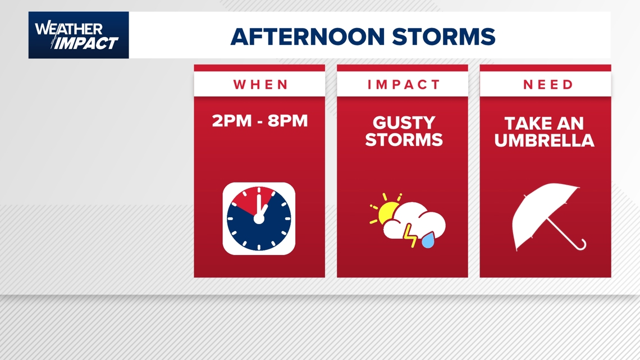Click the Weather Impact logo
click(x=79, y=35)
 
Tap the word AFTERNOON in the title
click(x=308, y=37)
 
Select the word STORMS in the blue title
click(x=444, y=37)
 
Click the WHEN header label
click(x=260, y=84)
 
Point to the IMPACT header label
click(x=403, y=84)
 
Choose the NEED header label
click(x=548, y=84)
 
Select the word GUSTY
click(x=404, y=123)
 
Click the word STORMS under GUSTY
click(x=404, y=140)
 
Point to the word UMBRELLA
click(x=544, y=140)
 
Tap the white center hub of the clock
click(x=259, y=219)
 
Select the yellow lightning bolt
click(x=410, y=236)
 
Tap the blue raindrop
click(x=428, y=240)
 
